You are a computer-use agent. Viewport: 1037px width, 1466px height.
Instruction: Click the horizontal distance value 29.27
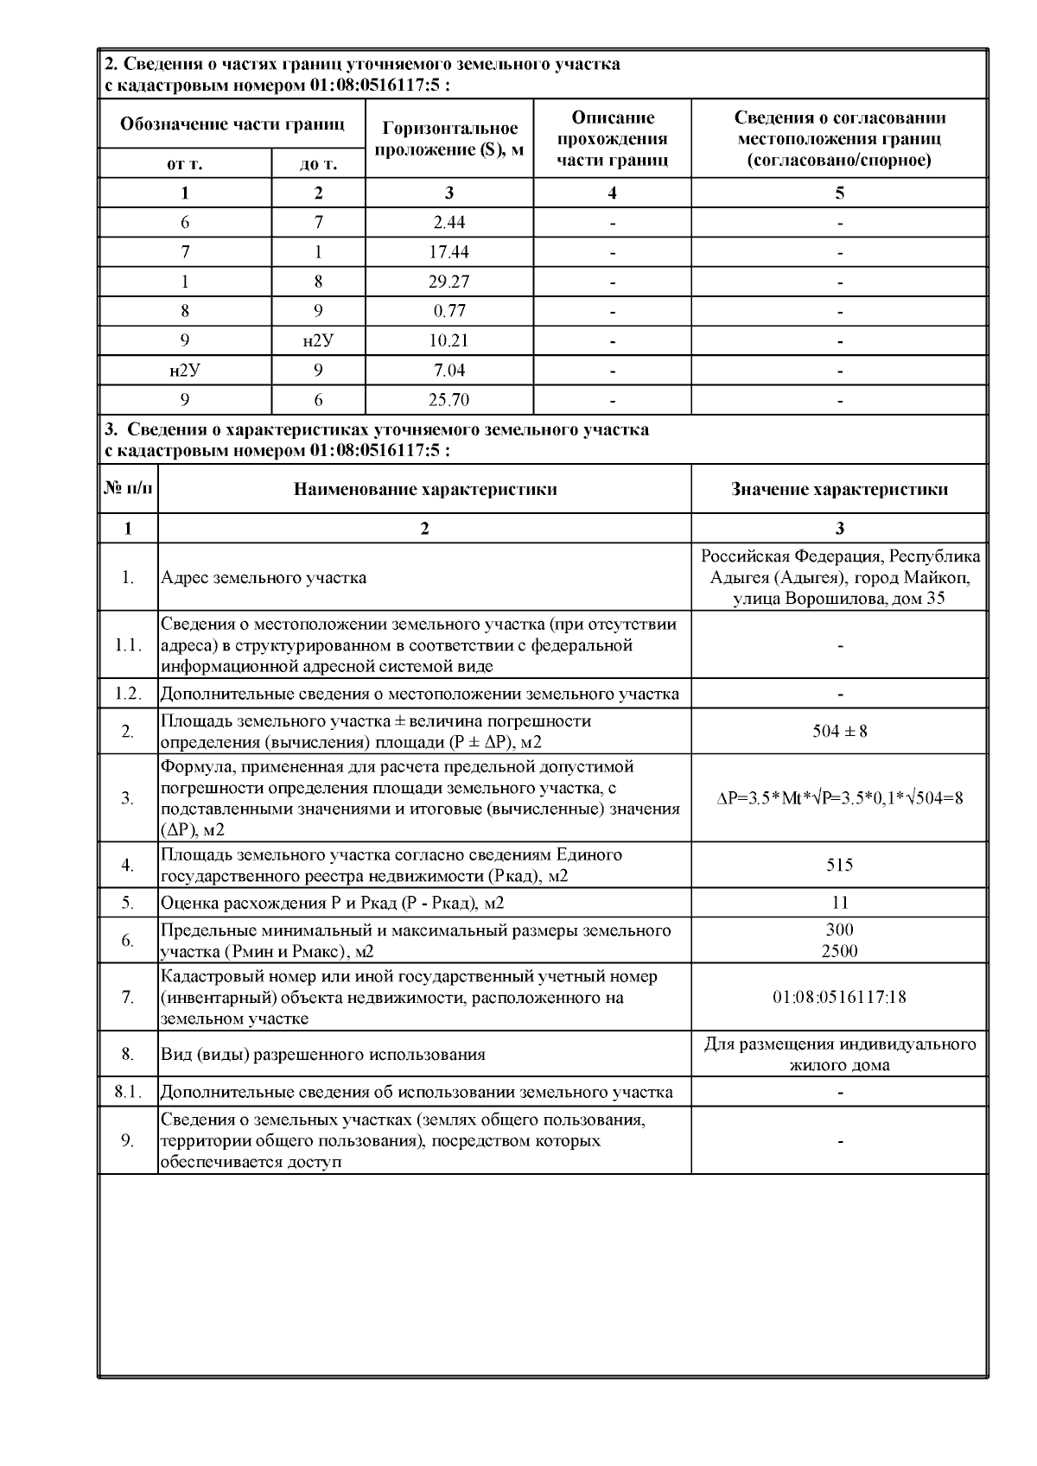pos(449,282)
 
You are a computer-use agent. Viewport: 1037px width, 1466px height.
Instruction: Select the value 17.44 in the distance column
pos(449,252)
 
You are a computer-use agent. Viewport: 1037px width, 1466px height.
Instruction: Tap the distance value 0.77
pos(449,311)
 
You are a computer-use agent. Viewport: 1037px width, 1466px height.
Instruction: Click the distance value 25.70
pos(449,400)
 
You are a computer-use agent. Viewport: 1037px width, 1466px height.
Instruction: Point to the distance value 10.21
pos(449,341)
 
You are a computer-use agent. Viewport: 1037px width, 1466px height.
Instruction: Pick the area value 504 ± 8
pos(839,732)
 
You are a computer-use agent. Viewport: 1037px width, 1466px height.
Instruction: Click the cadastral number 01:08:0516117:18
pos(839,997)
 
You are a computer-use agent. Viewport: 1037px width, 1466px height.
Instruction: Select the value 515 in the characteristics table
pos(839,865)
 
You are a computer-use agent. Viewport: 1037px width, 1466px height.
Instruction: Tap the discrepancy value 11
pos(839,903)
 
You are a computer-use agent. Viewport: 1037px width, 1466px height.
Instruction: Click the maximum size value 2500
pos(839,951)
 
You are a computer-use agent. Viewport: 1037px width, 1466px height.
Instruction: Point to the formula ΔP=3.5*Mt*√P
pos(839,798)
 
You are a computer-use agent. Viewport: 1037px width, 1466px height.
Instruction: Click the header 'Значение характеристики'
pos(839,490)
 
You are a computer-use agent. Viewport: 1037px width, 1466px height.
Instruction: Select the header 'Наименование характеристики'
pos(424,490)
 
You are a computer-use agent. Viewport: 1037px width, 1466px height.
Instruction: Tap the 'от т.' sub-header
pos(185,164)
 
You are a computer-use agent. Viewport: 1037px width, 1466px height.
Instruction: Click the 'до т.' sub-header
pos(318,164)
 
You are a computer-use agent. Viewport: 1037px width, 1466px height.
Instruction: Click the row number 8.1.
pos(128,1092)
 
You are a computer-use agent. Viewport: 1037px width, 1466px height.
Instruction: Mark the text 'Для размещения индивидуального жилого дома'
pos(839,1054)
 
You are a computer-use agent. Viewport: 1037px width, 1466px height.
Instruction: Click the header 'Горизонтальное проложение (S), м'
pos(449,139)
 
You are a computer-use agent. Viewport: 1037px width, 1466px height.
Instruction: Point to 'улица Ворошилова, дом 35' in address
pos(839,599)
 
